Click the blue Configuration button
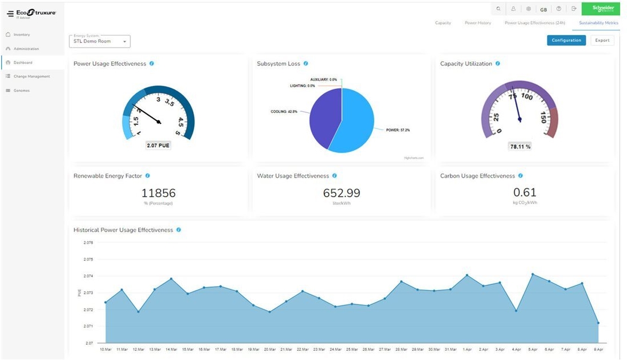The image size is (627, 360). [x=566, y=40]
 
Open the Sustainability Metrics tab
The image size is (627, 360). [x=598, y=23]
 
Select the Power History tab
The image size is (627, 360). [x=477, y=23]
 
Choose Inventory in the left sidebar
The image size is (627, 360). [x=21, y=35]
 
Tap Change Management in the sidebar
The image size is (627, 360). [x=32, y=76]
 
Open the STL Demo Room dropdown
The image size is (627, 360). [x=100, y=41]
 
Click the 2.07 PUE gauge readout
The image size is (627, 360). [x=158, y=146]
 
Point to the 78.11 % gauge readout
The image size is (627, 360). [x=520, y=147]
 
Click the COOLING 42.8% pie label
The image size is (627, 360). [x=284, y=111]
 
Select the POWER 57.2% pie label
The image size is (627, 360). [x=398, y=130]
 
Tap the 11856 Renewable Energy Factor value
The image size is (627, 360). [x=158, y=193]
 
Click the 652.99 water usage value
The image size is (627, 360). [x=342, y=193]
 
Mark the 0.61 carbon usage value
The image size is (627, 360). [x=525, y=193]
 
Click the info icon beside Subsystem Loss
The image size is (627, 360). [x=306, y=64]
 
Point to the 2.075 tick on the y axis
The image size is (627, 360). [x=88, y=259]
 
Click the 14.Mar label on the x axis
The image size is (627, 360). [x=171, y=349]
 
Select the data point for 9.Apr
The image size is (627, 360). [x=598, y=323]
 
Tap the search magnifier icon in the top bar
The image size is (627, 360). [x=498, y=9]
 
